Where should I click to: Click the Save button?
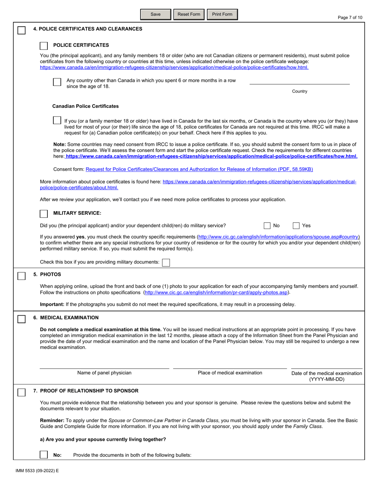(x=156, y=15)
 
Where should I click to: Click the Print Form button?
(x=222, y=15)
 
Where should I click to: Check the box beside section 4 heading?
(x=22, y=31)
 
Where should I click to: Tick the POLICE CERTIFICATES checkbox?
(x=44, y=45)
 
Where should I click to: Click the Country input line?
(x=299, y=81)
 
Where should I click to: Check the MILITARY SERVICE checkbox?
(x=44, y=213)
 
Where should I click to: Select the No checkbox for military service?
(x=268, y=226)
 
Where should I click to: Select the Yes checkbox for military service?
(x=296, y=226)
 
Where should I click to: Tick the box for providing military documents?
(x=166, y=262)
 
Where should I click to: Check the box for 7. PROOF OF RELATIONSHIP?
(x=22, y=392)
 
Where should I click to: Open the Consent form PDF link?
(x=199, y=169)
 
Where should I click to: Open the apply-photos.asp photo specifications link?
(x=216, y=293)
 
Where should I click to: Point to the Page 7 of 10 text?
(x=350, y=17)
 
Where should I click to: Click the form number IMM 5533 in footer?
(x=35, y=470)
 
